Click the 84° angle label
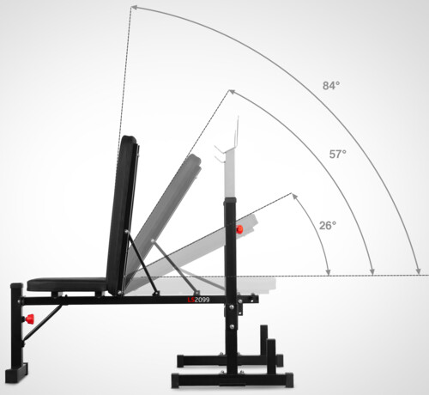click(x=331, y=85)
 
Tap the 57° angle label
click(x=338, y=155)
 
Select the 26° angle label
click(x=328, y=226)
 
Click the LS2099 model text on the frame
click(x=198, y=300)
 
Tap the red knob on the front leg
click(x=29, y=319)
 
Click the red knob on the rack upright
click(x=239, y=229)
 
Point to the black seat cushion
click(x=67, y=284)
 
